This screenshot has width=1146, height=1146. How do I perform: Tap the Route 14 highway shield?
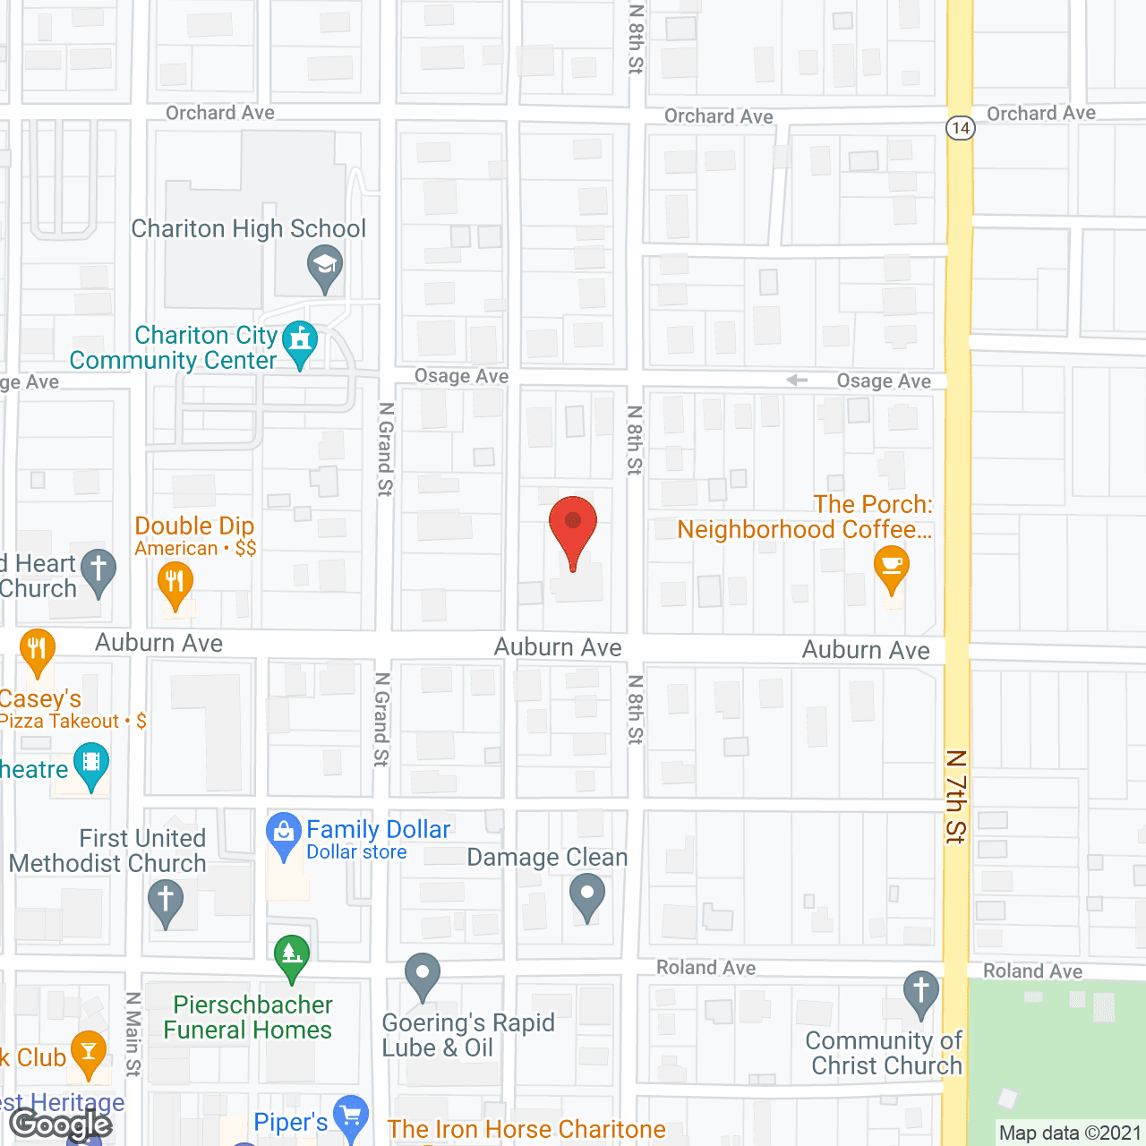tap(960, 127)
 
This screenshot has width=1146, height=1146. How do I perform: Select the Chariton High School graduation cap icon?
tap(325, 266)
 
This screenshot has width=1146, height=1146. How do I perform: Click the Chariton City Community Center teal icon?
tap(300, 341)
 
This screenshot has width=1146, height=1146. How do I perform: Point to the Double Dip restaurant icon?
tap(175, 582)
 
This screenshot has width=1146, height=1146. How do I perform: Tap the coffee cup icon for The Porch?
tap(891, 567)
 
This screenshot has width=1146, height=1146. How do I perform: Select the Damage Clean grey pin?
tap(587, 894)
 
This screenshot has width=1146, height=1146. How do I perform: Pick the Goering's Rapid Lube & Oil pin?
tap(423, 973)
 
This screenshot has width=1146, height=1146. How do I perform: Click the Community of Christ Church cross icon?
tap(920, 991)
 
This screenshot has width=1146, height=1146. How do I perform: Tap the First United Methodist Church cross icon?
tap(165, 899)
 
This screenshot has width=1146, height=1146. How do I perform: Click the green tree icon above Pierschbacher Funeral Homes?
tap(292, 954)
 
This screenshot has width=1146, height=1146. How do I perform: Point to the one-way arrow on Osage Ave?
tap(797, 381)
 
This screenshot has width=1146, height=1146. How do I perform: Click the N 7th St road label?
tap(956, 797)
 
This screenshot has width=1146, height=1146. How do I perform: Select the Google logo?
tap(60, 1125)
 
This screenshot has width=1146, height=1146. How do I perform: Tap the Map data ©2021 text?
tap(1070, 1133)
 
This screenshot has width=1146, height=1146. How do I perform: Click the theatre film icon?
tap(91, 764)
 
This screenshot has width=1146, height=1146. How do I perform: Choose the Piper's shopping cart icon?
tap(350, 1116)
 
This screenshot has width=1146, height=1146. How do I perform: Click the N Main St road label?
tap(133, 1034)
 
